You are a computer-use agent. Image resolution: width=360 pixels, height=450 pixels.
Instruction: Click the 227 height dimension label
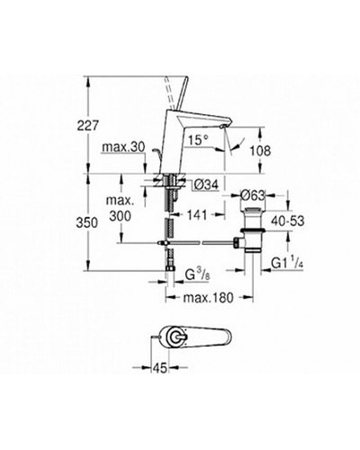pyautogui.click(x=87, y=125)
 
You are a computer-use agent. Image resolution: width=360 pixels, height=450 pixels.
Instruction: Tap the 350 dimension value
pyautogui.click(x=87, y=223)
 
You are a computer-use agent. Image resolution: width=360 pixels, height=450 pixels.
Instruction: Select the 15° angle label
pyautogui.click(x=198, y=140)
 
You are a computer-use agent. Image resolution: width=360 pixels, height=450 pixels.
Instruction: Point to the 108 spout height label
pyautogui.click(x=260, y=151)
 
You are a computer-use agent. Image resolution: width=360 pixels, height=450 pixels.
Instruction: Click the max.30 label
pyautogui.click(x=123, y=148)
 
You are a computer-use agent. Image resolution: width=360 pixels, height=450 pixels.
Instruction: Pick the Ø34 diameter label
pyautogui.click(x=206, y=184)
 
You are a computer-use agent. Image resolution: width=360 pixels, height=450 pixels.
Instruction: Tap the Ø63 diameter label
pyautogui.click(x=253, y=195)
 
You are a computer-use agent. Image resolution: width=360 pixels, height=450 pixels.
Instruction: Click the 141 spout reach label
pyautogui.click(x=197, y=215)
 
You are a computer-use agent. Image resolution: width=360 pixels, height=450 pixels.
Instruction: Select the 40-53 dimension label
pyautogui.click(x=287, y=221)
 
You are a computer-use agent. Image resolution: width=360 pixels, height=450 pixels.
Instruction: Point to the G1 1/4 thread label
pyautogui.click(x=287, y=263)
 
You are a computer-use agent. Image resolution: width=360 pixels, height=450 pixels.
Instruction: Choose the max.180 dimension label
pyautogui.click(x=208, y=298)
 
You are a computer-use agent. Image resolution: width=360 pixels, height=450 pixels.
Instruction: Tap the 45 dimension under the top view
pyautogui.click(x=160, y=368)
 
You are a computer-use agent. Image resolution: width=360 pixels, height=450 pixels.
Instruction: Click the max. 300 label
pyautogui.click(x=120, y=208)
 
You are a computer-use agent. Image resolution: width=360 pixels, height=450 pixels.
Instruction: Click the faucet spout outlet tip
pyautogui.click(x=221, y=127)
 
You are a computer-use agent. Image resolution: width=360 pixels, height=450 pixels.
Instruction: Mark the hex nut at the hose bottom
pyautogui.click(x=170, y=268)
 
